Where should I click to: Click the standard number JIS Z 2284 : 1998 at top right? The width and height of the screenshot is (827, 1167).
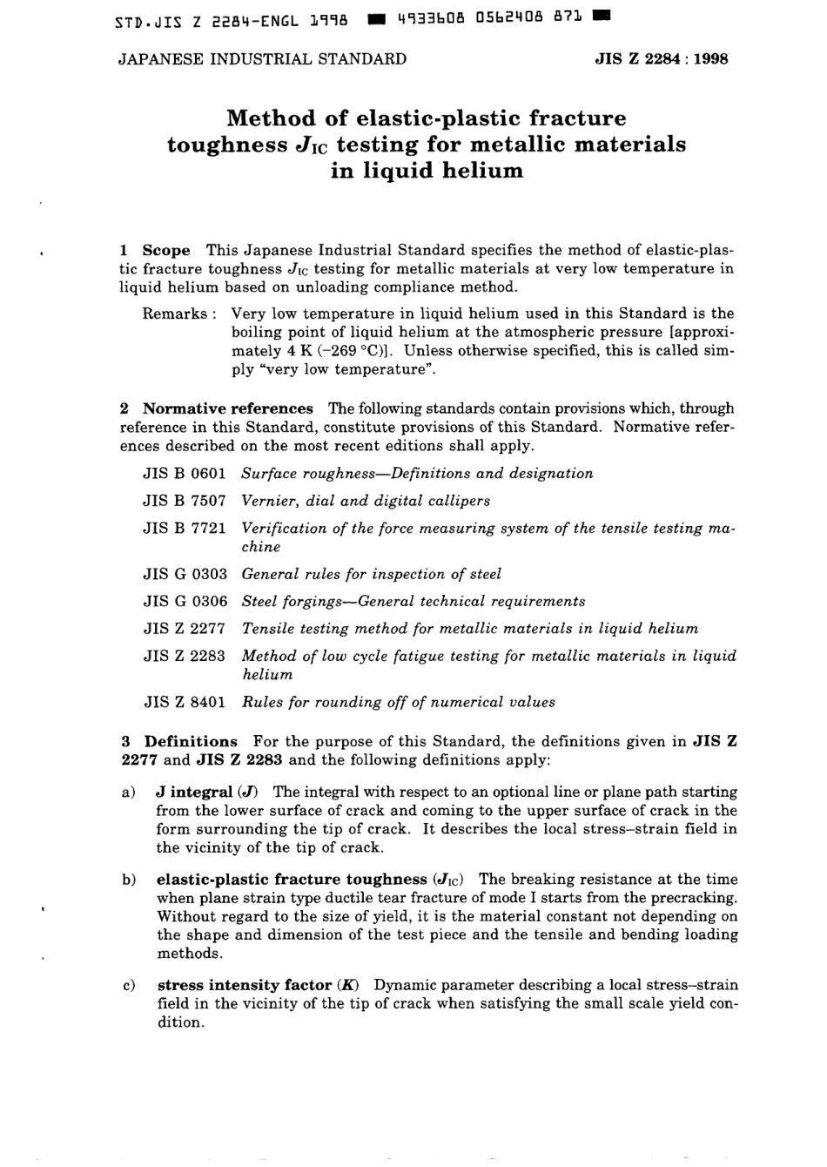(661, 59)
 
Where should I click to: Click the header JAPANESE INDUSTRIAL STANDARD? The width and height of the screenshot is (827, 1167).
(262, 59)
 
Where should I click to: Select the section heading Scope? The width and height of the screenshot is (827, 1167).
(165, 250)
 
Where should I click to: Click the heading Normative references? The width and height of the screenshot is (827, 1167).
(227, 408)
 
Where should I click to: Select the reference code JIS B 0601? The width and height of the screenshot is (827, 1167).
(185, 474)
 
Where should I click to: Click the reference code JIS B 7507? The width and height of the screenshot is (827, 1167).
(185, 501)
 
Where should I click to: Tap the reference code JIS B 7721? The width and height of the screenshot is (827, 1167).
(185, 528)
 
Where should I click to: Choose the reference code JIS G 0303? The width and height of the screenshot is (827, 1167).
(185, 574)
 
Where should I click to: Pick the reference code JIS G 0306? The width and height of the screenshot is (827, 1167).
(185, 601)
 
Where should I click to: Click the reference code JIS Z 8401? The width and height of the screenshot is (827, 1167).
(185, 702)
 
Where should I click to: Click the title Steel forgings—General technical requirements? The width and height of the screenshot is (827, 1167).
(413, 601)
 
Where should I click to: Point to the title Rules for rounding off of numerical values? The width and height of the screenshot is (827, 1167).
(398, 702)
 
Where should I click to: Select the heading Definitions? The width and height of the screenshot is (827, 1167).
(191, 742)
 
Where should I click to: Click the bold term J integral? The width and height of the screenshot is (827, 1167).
(193, 792)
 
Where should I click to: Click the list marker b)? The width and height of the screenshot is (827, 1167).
(129, 880)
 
